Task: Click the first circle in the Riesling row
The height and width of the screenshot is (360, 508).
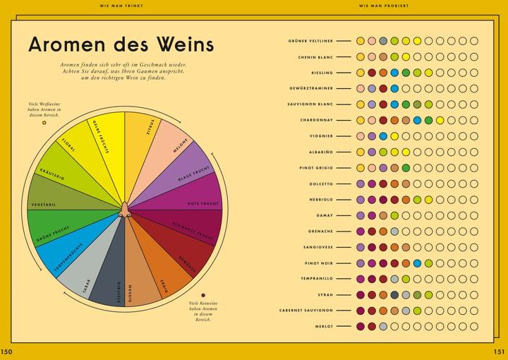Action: pyautogui.click(x=361, y=73)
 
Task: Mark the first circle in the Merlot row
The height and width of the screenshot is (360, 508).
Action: pyautogui.click(x=361, y=326)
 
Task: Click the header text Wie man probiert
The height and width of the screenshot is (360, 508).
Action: pyautogui.click(x=384, y=6)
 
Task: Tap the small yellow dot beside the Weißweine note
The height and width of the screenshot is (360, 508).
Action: pyautogui.click(x=44, y=122)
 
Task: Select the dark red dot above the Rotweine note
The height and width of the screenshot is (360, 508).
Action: pyautogui.click(x=202, y=295)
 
